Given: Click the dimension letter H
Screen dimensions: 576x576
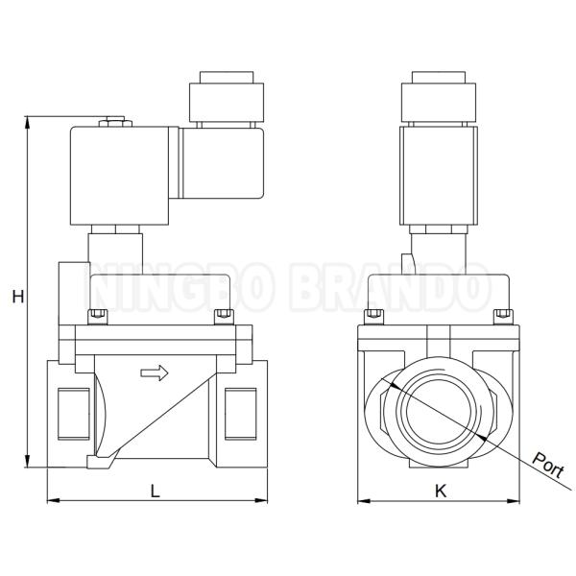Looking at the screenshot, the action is pos(17,297).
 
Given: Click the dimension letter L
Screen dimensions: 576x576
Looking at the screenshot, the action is pos(156,491).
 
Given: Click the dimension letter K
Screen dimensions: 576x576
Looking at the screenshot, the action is pos(441,491).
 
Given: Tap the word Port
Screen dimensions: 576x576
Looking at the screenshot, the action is pos(548,466).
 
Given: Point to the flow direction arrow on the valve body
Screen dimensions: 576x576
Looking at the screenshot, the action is pos(155,373).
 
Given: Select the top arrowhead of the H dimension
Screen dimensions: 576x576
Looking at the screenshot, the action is pos(27,122).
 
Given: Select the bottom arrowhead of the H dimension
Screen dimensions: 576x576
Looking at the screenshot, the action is pos(27,461).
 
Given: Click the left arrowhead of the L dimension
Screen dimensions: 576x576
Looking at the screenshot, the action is pos(53,500).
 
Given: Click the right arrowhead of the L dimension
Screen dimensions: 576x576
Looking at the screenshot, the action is pos(261,500).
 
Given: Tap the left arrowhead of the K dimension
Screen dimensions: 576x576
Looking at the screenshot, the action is pos(364,500).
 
